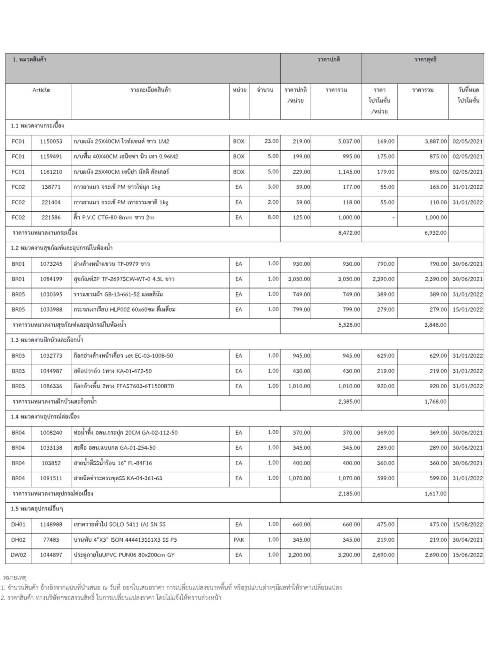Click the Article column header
[x=41, y=90]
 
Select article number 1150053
[x=51, y=141]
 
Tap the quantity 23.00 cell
[x=271, y=141]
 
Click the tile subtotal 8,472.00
[x=349, y=233]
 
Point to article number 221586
[x=51, y=218]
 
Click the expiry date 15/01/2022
[x=467, y=309]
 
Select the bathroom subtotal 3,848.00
[x=435, y=325]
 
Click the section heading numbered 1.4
[x=45, y=417]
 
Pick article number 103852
[x=51, y=463]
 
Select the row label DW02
[x=18, y=555]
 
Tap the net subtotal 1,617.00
[x=435, y=494]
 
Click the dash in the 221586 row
[x=393, y=218]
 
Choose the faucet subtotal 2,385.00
[x=349, y=402]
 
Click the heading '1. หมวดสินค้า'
[x=29, y=60]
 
